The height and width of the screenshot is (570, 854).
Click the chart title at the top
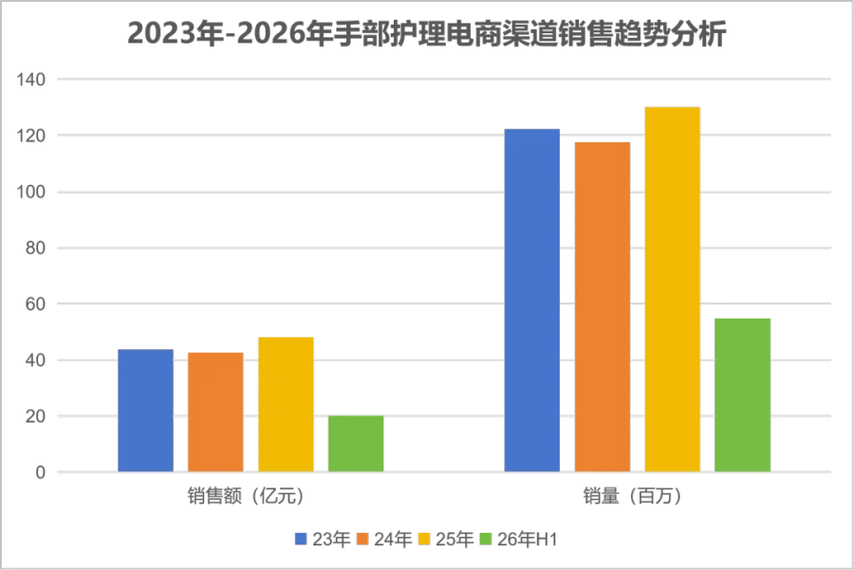(x=426, y=34)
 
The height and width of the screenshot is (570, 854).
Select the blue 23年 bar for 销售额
(x=145, y=411)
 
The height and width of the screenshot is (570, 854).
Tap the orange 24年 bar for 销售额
(x=215, y=413)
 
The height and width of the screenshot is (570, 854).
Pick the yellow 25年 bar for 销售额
(x=286, y=404)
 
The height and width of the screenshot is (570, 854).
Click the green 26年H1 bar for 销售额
(x=356, y=444)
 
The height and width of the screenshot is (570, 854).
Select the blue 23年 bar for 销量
(x=532, y=301)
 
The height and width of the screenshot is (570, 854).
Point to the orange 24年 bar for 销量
(x=603, y=307)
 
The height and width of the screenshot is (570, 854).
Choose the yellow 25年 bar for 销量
(x=673, y=289)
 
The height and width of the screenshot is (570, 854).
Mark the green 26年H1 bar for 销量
(x=743, y=395)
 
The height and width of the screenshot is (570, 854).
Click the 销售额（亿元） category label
(x=246, y=496)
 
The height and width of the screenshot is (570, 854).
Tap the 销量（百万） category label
(x=632, y=496)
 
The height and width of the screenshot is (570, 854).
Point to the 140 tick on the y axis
(x=31, y=80)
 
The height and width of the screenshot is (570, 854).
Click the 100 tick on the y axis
(x=31, y=192)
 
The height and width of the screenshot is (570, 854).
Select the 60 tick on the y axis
(x=35, y=303)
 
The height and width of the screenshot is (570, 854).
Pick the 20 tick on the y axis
(x=35, y=416)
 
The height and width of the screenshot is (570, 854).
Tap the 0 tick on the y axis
(x=40, y=472)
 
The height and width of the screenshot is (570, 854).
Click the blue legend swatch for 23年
(x=301, y=539)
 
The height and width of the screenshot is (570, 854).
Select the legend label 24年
(x=393, y=539)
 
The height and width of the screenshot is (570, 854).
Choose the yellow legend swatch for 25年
(x=424, y=539)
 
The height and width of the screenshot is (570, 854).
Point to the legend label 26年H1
(x=528, y=539)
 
